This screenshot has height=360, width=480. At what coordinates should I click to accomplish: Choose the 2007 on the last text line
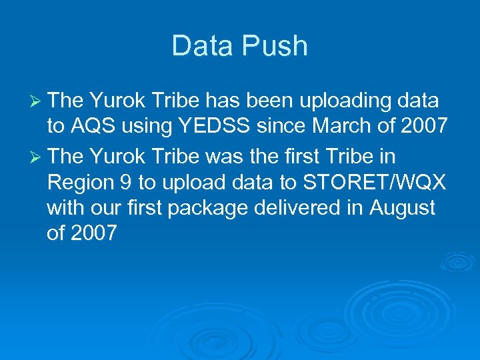(x=93, y=234)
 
